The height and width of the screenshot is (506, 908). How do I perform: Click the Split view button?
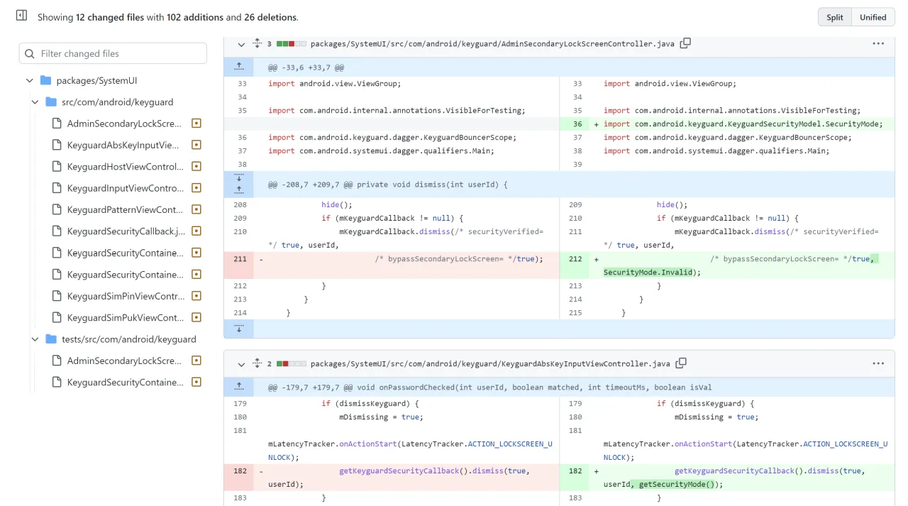tap(835, 17)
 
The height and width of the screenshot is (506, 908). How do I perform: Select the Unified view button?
tap(873, 17)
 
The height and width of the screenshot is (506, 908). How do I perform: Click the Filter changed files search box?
tap(113, 53)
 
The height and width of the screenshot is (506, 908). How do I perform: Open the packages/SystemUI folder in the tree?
tap(96, 81)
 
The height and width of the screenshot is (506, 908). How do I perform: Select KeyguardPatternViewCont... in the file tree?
tap(125, 210)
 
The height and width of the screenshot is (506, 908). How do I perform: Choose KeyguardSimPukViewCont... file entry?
tap(125, 318)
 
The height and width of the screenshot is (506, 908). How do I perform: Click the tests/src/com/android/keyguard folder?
tap(128, 339)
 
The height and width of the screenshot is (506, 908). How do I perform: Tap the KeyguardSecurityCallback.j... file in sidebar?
tap(125, 231)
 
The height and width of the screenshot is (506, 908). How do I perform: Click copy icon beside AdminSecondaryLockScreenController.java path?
tap(685, 43)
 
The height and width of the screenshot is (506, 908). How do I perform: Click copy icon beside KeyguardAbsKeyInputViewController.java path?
tap(681, 363)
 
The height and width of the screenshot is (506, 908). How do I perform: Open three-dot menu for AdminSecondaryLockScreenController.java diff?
tap(878, 43)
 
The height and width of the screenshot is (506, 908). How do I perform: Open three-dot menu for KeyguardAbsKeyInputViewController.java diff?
tap(878, 363)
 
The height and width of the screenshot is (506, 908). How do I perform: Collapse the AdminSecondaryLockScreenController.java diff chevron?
tap(241, 44)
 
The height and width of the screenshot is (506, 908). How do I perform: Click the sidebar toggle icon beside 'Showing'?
tap(22, 16)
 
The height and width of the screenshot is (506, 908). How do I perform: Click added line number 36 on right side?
tap(577, 124)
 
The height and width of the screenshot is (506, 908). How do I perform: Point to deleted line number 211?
tap(240, 259)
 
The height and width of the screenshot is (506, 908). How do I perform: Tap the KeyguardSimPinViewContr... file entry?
tap(125, 296)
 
